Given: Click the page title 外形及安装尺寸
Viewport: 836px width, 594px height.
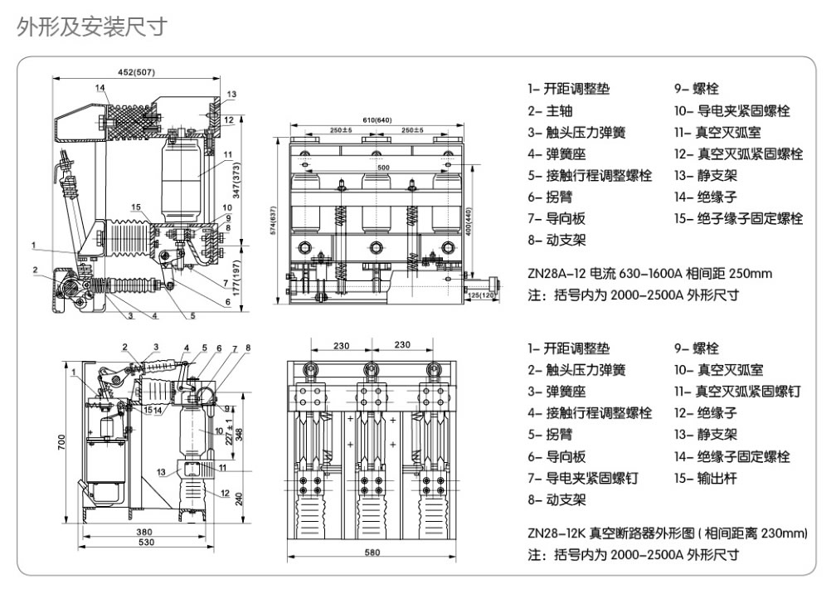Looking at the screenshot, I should pyautogui.click(x=92, y=27).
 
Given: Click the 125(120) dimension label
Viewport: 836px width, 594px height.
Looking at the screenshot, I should pyautogui.click(x=481, y=295).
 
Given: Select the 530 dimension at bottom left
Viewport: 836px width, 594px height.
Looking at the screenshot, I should pyautogui.click(x=147, y=543).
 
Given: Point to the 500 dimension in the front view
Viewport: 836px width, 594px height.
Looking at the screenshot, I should pyautogui.click(x=382, y=168).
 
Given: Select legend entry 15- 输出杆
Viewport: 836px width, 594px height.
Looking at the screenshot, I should pyautogui.click(x=705, y=478).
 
